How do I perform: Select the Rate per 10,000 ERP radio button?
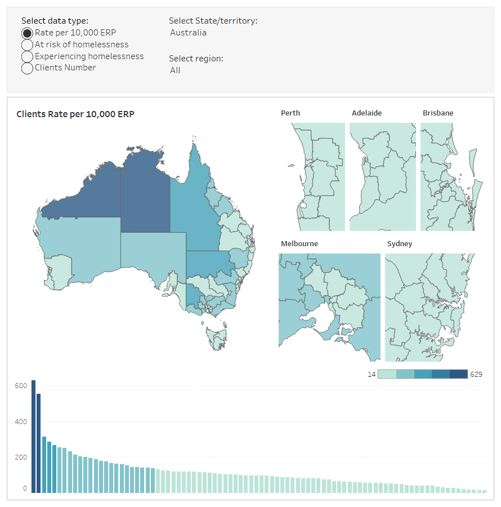tap(27, 33)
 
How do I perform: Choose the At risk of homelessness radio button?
tap(27, 45)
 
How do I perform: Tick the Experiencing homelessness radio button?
tap(27, 56)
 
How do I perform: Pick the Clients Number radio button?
tap(27, 68)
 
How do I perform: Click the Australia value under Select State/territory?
tap(188, 33)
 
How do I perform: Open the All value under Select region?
tap(175, 70)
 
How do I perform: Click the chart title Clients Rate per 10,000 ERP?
tap(75, 114)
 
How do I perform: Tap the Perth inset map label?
tap(290, 113)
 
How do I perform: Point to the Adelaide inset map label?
tap(366, 113)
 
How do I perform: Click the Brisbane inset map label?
tap(438, 113)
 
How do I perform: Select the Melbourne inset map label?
tap(299, 244)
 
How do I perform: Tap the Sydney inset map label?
tap(400, 244)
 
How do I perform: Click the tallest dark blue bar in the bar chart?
tap(33, 437)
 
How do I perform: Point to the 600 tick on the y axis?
tap(21, 386)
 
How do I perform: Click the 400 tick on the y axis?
tap(21, 422)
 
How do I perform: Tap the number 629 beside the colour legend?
tap(476, 374)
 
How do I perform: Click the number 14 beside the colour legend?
tap(371, 374)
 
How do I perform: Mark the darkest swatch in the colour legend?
tap(459, 374)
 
